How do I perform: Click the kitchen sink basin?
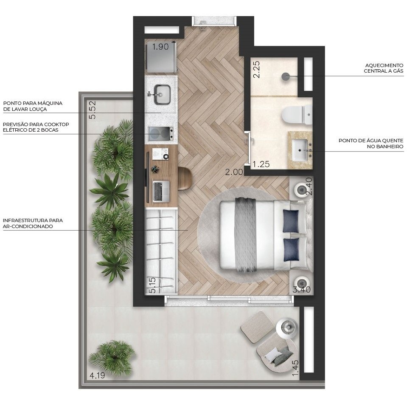pos(162,94)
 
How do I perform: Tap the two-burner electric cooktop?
pos(161,133)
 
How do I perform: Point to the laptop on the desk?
pos(161,191)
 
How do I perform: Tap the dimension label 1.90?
pos(160,47)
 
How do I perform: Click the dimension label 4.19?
pos(97,375)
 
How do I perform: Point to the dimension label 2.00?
pos(234,172)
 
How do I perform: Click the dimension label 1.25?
pos(261,164)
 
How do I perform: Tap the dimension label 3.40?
pos(302,291)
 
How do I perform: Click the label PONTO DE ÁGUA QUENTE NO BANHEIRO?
pos(371,144)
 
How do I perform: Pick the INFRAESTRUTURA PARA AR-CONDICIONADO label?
pos(33,223)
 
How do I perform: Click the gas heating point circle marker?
pos(286,76)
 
